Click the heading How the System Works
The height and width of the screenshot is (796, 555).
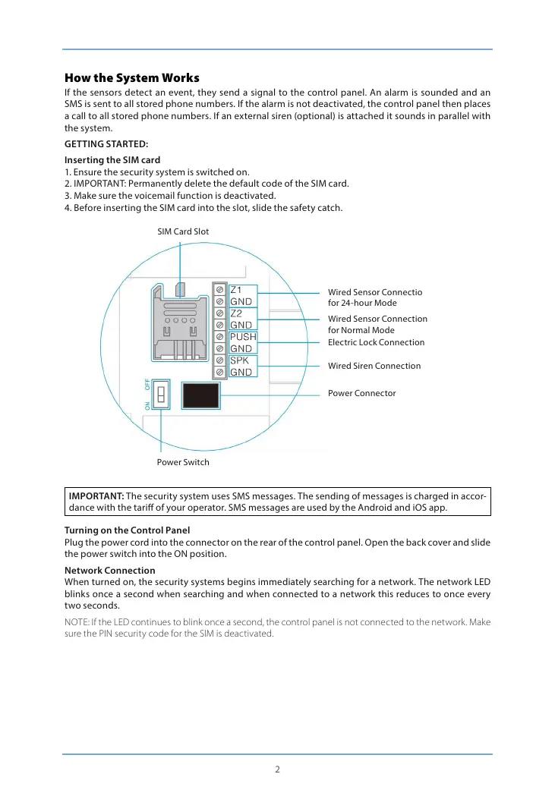[x=132, y=78]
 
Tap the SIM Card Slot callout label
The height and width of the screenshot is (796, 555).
[x=183, y=231]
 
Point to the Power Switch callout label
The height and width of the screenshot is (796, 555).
[x=183, y=462]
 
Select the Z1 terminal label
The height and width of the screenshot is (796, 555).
[x=236, y=290]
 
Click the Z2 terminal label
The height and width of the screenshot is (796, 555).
[x=236, y=313]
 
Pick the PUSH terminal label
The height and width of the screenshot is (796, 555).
[x=243, y=337]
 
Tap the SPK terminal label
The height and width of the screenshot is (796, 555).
[x=240, y=360]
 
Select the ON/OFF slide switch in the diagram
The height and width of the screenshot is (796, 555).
[x=161, y=395]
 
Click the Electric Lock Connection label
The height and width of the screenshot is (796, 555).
[x=376, y=342]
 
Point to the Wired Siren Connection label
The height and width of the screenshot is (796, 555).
[x=374, y=366]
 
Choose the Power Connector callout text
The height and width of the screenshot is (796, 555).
[x=361, y=393]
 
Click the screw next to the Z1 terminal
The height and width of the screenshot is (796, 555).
[x=219, y=290]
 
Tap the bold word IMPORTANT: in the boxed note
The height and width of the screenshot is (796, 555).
[x=97, y=496]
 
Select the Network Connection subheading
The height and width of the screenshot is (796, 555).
[x=109, y=570]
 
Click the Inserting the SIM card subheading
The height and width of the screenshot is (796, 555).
[x=112, y=160]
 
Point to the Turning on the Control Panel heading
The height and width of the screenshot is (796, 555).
[x=127, y=530]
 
